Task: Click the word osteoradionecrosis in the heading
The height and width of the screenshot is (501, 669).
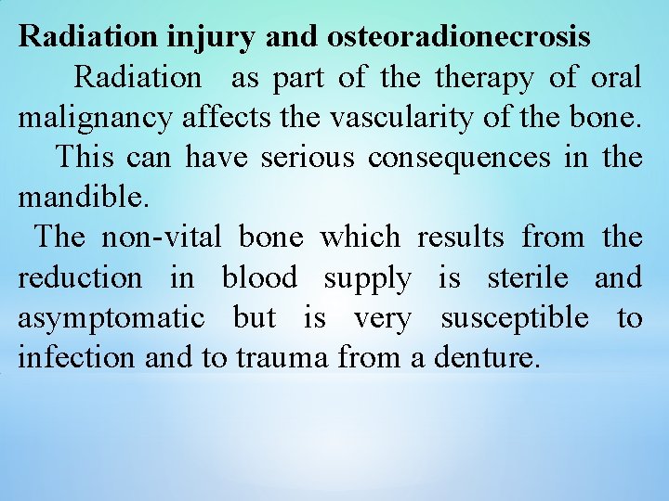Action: coord(459,36)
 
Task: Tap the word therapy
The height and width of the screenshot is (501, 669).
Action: coord(484,77)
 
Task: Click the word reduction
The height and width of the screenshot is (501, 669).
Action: coord(80,277)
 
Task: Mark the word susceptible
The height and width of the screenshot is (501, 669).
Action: coord(515,318)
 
